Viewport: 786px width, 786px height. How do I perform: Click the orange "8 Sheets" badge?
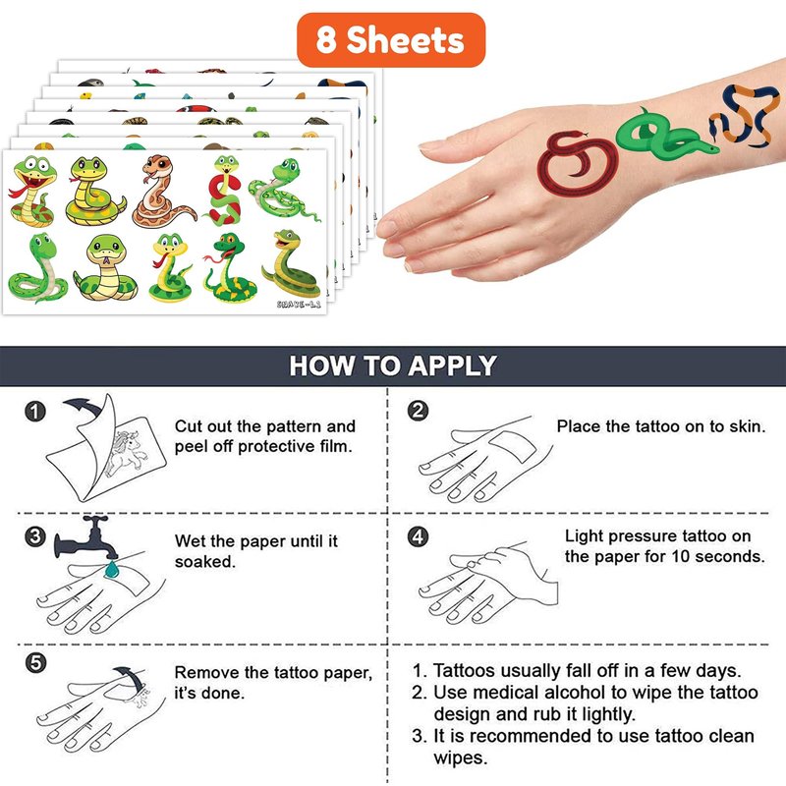click(x=391, y=40)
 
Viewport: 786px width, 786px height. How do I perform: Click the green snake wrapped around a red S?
click(x=224, y=191)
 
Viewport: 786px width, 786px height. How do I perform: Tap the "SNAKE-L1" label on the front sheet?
click(x=299, y=304)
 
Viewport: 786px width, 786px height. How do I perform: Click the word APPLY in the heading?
click(x=452, y=365)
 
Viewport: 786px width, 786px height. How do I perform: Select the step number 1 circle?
click(x=35, y=412)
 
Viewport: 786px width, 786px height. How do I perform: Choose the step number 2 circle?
click(x=419, y=411)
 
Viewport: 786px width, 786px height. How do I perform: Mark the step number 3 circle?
click(x=35, y=536)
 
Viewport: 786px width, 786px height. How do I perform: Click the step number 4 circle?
click(x=419, y=536)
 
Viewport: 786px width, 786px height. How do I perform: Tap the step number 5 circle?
click(x=35, y=663)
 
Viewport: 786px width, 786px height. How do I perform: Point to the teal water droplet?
click(x=111, y=570)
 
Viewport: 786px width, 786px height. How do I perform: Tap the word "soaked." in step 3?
click(x=205, y=562)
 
